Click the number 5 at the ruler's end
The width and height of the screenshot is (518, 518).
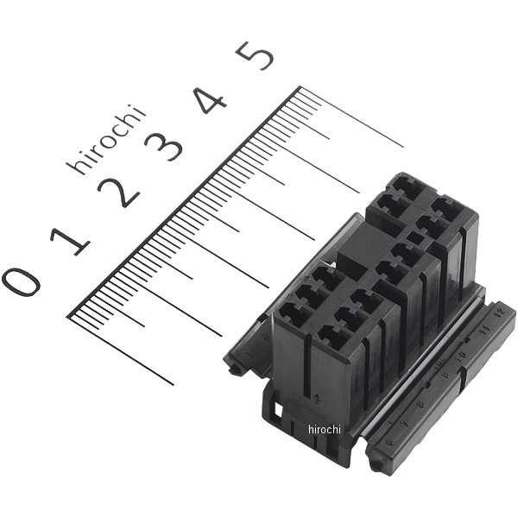pyautogui.click(x=256, y=56)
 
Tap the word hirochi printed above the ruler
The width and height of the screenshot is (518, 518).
pyautogui.click(x=106, y=140)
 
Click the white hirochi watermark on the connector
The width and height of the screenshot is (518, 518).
pyautogui.click(x=325, y=429)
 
